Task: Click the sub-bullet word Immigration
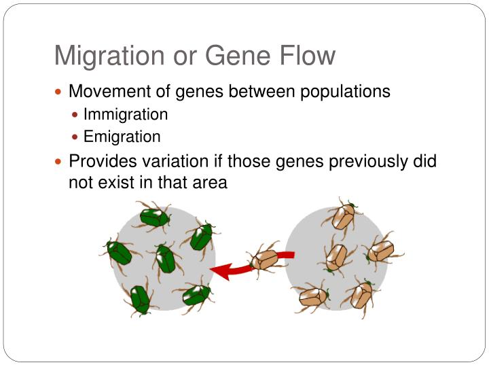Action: tap(126, 114)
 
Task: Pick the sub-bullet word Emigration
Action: tap(122, 137)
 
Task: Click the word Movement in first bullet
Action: tap(104, 91)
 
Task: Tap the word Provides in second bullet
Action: tap(101, 162)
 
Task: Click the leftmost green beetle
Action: tap(120, 252)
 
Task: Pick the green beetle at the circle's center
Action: tap(164, 259)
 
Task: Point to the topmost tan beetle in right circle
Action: tap(342, 217)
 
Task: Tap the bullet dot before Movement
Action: tap(59, 91)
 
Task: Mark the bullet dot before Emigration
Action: tap(76, 137)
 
